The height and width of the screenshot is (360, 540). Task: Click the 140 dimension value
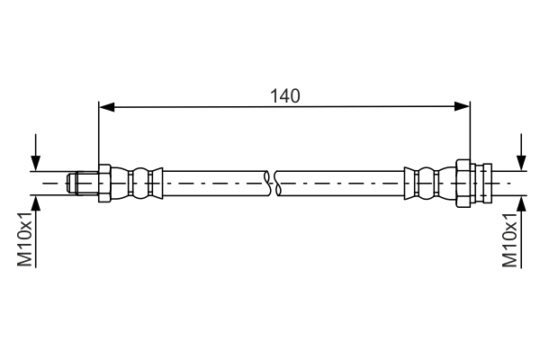coord(284,94)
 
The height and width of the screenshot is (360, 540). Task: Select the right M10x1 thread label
coord(509,239)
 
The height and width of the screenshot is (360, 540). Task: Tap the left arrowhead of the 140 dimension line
coord(106,108)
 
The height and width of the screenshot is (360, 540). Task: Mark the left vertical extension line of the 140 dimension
coord(98,135)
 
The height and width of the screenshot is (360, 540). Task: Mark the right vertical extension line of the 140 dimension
coord(470,135)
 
